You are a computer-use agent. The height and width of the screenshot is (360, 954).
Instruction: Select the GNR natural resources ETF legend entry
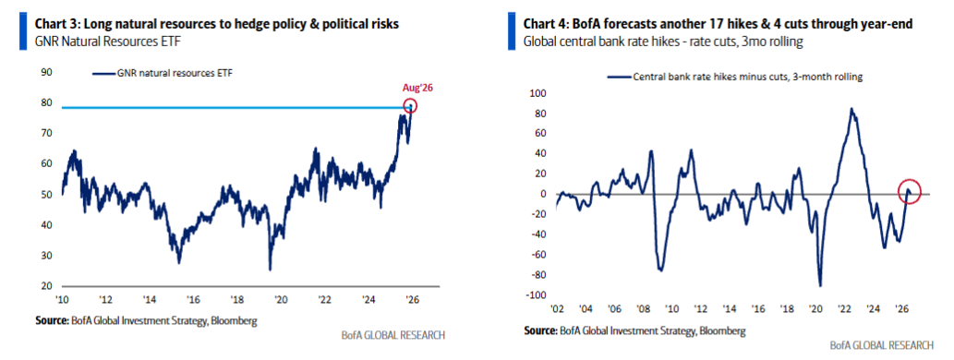pyautogui.click(x=163, y=74)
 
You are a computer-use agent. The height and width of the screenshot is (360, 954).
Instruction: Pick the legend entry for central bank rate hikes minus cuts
pyautogui.click(x=735, y=77)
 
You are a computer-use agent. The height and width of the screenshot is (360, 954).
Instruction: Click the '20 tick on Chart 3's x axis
pyautogui.click(x=281, y=300)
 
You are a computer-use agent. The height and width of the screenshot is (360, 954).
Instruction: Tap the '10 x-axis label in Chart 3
pyautogui.click(x=62, y=300)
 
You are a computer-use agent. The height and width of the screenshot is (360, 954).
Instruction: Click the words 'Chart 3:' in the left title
pyautogui.click(x=56, y=24)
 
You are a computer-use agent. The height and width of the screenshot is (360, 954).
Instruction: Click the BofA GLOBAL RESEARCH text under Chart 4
pyautogui.click(x=881, y=345)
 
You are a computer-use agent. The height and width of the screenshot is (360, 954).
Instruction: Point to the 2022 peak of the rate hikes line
pyautogui.click(x=851, y=109)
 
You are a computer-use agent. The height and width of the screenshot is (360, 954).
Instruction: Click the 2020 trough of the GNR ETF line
pyautogui.click(x=270, y=269)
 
